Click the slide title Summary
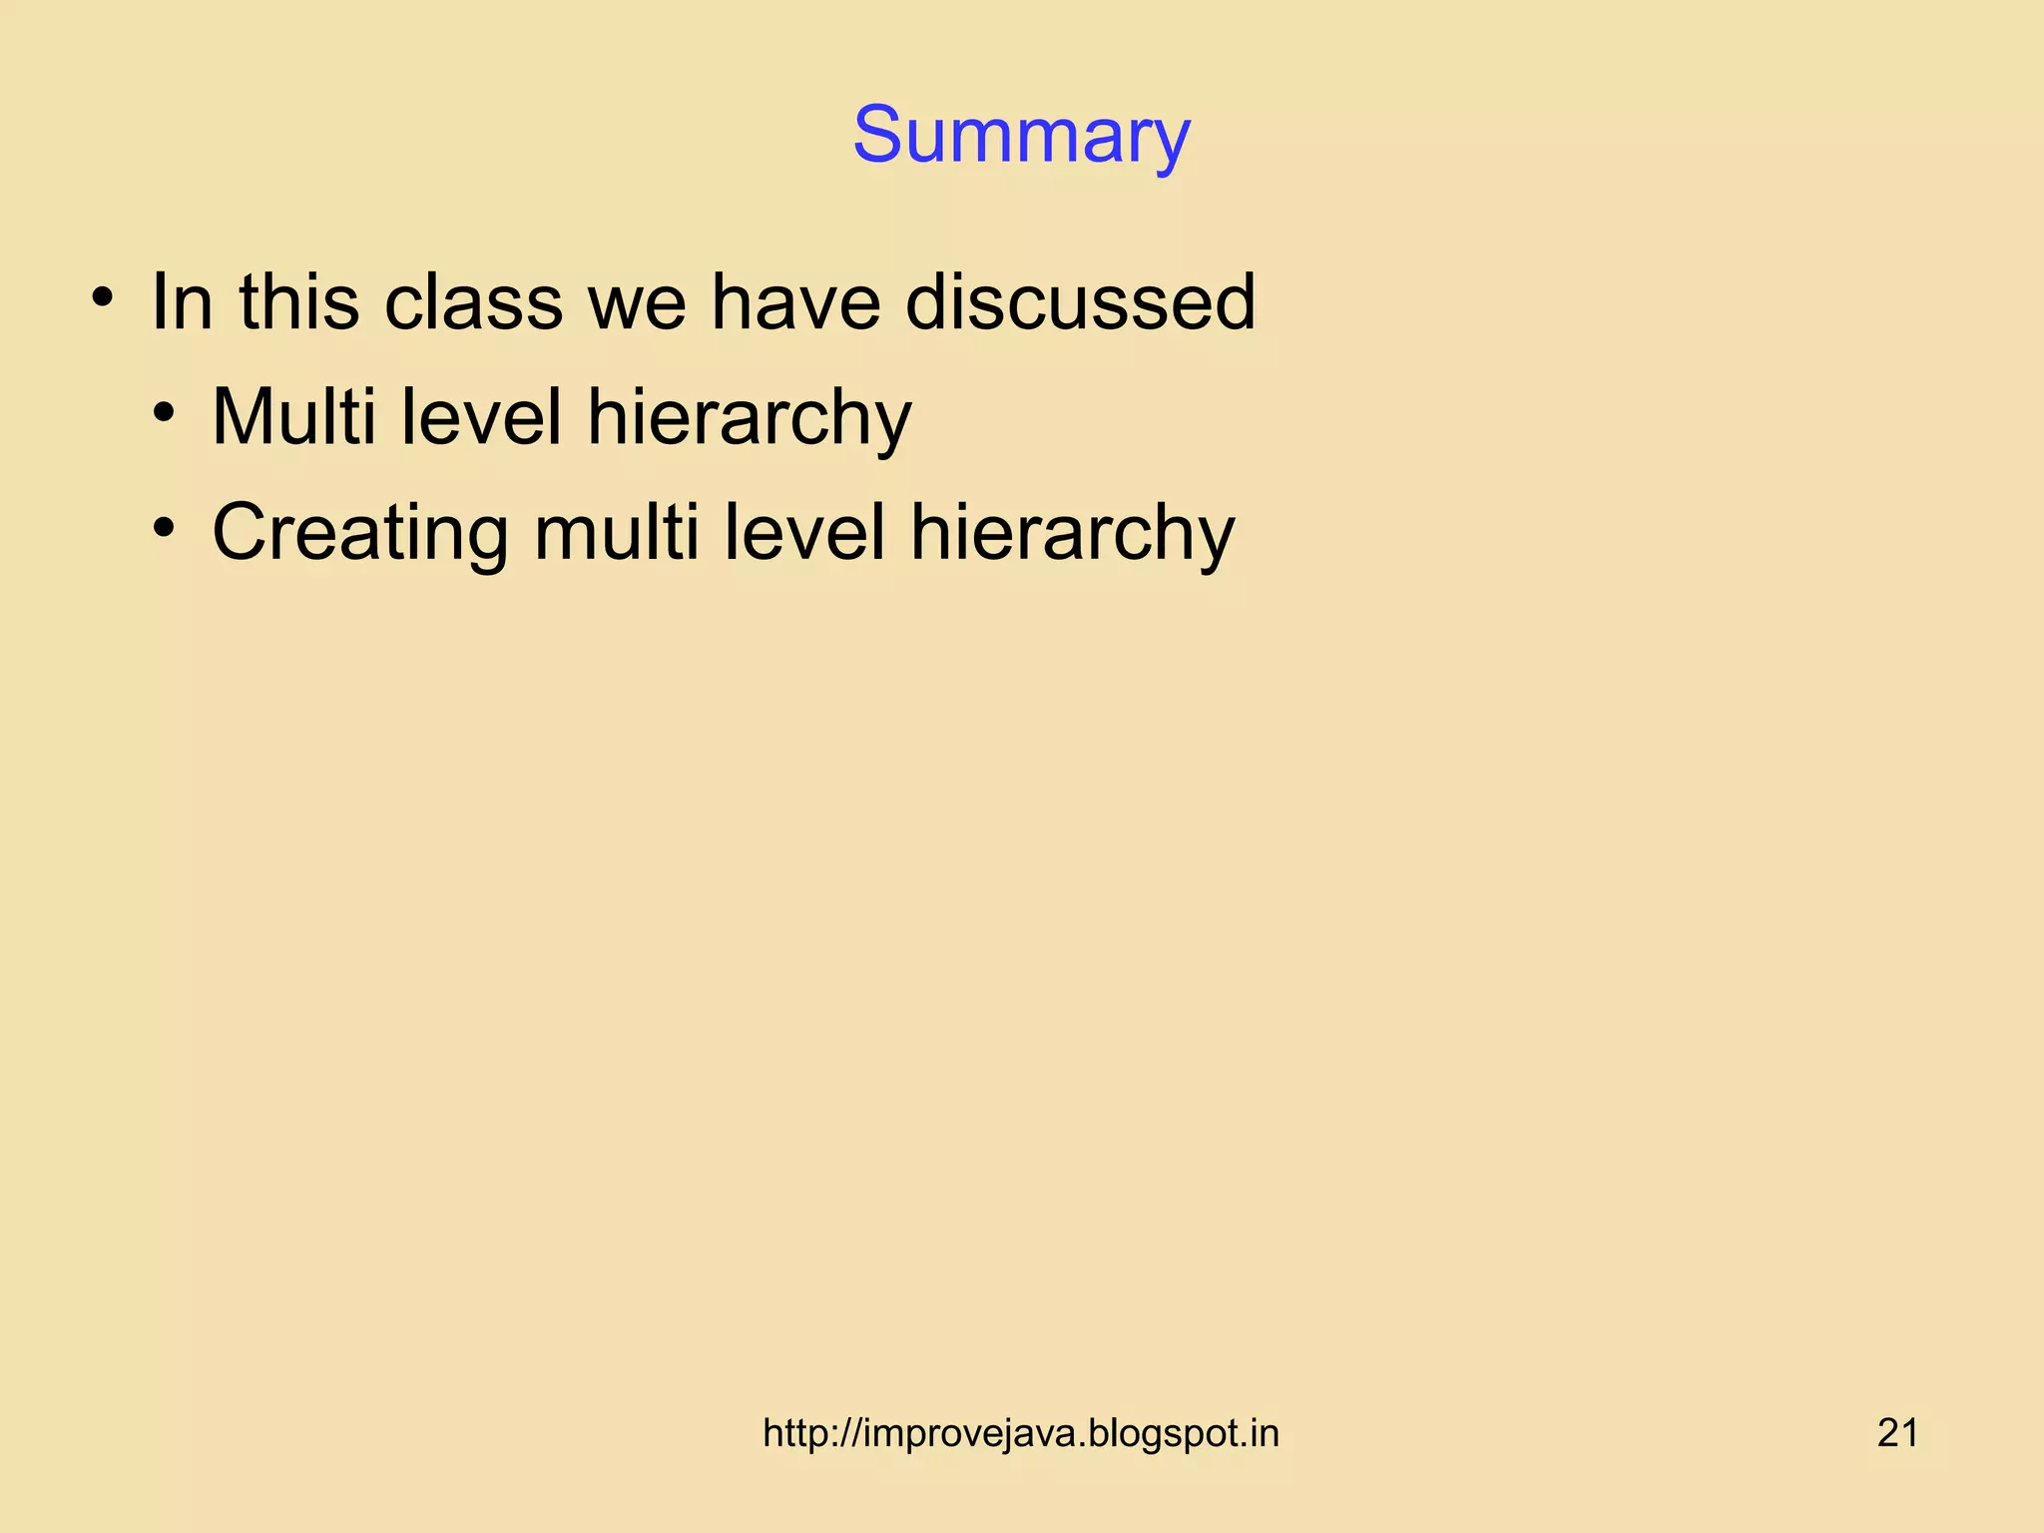[1021, 136]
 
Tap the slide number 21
[1897, 1433]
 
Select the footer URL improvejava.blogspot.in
[1021, 1434]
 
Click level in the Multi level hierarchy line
[481, 416]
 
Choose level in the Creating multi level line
[804, 532]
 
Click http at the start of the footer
[794, 1434]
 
